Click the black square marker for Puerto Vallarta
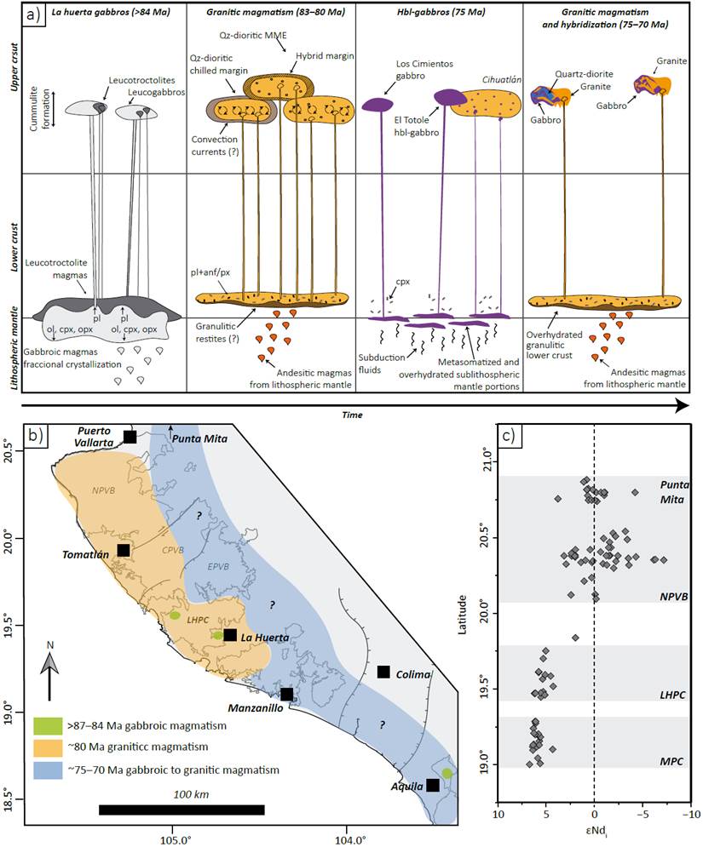click(130, 437)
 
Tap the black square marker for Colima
click(383, 672)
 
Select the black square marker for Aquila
click(434, 785)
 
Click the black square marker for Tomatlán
click(124, 550)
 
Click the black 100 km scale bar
click(181, 809)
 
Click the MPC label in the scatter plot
click(674, 754)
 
